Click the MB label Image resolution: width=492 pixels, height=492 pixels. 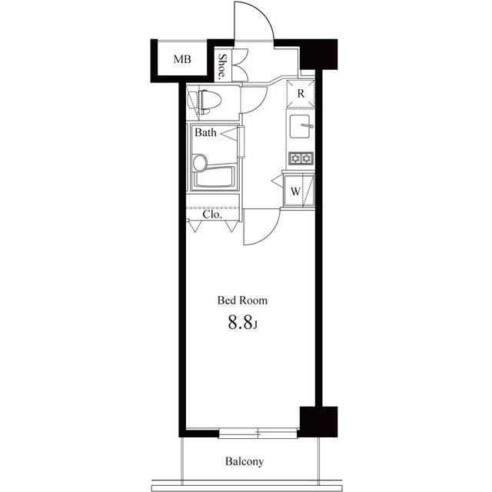click(181, 58)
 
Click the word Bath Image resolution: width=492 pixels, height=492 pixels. click(205, 133)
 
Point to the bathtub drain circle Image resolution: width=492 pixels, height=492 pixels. click(200, 163)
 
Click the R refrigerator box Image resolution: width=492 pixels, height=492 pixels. click(301, 94)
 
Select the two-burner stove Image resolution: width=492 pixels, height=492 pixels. click(301, 158)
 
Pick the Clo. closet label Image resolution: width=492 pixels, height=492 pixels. click(213, 215)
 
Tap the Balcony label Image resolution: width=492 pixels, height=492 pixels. click(244, 462)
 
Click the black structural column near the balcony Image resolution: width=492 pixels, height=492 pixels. click(318, 421)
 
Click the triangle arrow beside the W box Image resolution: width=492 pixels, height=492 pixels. click(277, 182)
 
